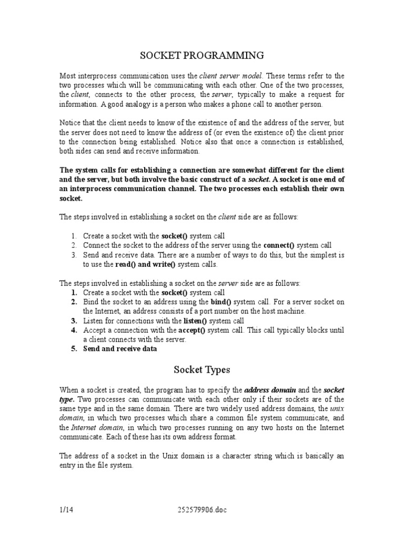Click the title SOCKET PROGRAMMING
coord(201,55)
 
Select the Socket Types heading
coord(201,370)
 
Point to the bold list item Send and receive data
coord(119,349)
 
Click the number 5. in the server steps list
coord(74,349)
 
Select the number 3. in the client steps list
coord(74,255)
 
